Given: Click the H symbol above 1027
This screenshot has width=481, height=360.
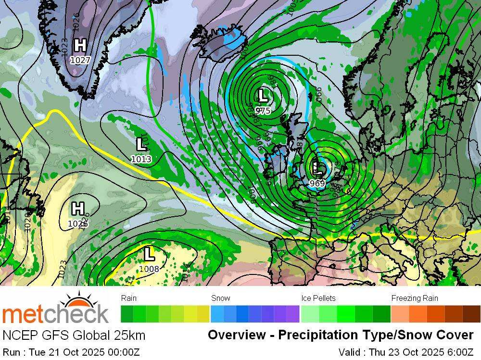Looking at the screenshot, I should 80,46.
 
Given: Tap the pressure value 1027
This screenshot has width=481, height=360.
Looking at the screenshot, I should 80,60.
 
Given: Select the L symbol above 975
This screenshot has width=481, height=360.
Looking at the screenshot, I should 263,95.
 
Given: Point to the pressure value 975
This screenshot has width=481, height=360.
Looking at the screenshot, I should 263,111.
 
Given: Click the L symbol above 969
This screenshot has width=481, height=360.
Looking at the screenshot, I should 317,168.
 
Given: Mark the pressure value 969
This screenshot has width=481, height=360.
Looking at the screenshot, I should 317,183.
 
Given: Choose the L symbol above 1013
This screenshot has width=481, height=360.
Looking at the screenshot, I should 141,144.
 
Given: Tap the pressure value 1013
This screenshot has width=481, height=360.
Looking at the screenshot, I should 141,159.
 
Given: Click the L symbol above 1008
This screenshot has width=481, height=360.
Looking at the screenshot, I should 149,253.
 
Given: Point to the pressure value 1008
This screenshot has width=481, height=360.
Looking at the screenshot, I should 149,269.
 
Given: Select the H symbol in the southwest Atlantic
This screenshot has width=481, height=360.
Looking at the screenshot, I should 77,209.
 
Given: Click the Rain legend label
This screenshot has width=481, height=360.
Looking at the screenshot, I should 129,298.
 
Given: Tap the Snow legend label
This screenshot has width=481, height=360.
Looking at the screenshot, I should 221,298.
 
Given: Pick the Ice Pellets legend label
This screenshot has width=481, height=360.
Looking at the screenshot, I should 318,298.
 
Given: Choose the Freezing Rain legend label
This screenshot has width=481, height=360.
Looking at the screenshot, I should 415,298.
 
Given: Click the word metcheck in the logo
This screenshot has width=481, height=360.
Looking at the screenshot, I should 55,314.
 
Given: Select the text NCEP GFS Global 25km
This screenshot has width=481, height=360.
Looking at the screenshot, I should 74,335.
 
